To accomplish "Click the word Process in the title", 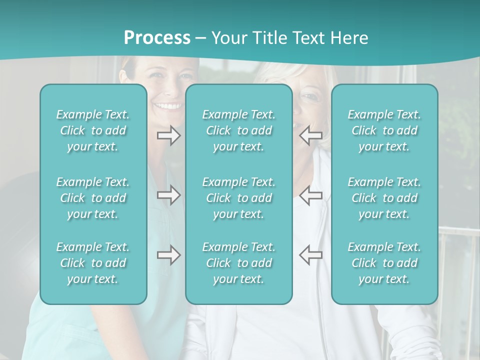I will click(157, 38).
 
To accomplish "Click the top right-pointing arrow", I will click(168, 135).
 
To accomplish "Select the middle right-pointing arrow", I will click(168, 195).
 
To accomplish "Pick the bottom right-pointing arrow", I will click(168, 255).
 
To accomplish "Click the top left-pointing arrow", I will click(310, 135).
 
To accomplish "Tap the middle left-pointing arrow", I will click(310, 195).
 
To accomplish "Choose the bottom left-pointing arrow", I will click(310, 255).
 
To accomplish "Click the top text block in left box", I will click(93, 130).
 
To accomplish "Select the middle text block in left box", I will click(93, 198).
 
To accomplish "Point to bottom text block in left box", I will click(93, 263).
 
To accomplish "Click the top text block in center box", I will click(238, 130).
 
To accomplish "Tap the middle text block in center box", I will click(238, 198).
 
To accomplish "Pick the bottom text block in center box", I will click(238, 263).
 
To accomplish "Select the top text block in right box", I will click(384, 130).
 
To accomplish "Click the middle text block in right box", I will click(384, 198).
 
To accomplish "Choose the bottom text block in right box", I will click(384, 263).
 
